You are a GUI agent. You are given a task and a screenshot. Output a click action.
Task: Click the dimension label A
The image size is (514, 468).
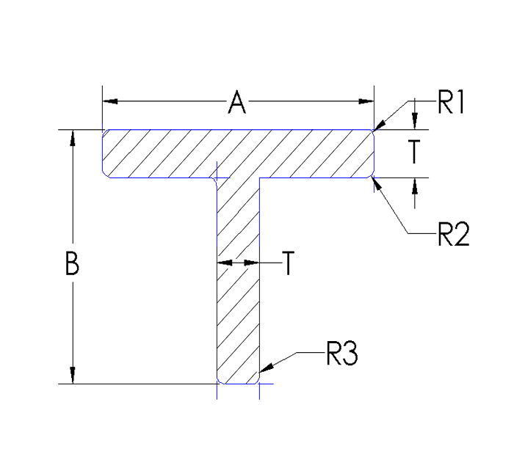coord(236,103)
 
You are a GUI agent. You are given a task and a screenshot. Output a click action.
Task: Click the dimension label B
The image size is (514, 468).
coord(71,263)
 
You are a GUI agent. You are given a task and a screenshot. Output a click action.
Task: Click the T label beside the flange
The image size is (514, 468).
coord(414,152)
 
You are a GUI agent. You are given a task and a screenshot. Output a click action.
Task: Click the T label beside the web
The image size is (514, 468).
coord(288,263)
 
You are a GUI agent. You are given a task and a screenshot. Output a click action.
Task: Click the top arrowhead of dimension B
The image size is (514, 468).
coord(72,138)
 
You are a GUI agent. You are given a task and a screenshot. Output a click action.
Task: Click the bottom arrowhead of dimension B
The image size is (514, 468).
coord(72,376)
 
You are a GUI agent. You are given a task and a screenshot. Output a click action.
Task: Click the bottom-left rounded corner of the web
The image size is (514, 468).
coord(219,381)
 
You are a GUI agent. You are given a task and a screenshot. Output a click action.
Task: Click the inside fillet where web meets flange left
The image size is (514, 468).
coord(214,180)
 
